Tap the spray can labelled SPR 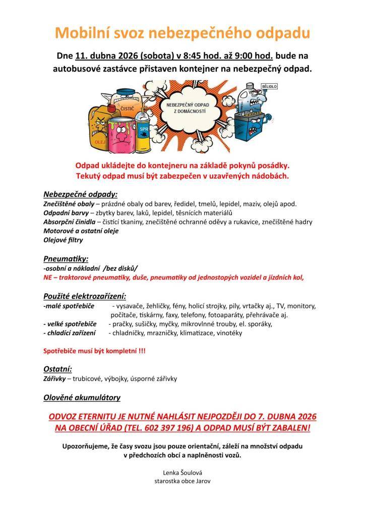[144, 134]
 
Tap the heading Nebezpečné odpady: [80, 194]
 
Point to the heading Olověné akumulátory [82, 397]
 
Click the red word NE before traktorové [48, 277]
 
